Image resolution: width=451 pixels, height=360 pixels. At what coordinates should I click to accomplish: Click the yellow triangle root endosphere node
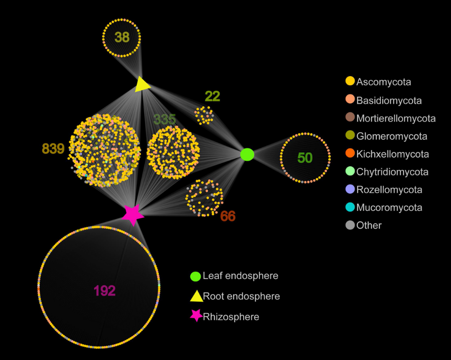(143, 84)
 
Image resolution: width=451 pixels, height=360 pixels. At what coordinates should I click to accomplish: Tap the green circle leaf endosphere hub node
(247, 154)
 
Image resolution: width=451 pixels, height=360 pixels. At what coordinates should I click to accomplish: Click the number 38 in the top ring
(122, 37)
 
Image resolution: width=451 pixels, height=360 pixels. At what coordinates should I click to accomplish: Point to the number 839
(53, 149)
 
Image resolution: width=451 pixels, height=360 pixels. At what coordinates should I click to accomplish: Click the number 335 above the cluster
(164, 119)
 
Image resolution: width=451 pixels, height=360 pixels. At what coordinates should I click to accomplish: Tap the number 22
(212, 96)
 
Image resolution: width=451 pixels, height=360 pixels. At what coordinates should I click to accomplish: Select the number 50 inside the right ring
(305, 158)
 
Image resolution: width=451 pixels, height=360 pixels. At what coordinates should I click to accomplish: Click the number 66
(228, 216)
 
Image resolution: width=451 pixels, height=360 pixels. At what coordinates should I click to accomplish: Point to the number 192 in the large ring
(104, 290)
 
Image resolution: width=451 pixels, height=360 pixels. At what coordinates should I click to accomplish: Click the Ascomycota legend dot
(350, 81)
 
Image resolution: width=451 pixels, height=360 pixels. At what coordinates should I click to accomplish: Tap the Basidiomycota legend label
(389, 100)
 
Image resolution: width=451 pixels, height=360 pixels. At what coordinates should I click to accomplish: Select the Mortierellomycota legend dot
(350, 118)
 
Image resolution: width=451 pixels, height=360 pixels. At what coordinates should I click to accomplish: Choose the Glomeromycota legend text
(391, 136)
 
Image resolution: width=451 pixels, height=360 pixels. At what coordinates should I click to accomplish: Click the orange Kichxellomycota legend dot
(350, 154)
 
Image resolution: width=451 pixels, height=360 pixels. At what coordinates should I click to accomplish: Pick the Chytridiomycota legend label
(392, 172)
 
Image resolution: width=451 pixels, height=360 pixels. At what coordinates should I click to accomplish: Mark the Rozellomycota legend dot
(350, 190)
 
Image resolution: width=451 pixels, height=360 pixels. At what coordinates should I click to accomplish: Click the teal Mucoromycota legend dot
(350, 207)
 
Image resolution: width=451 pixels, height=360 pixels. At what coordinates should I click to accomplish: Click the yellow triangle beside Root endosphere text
(196, 296)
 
